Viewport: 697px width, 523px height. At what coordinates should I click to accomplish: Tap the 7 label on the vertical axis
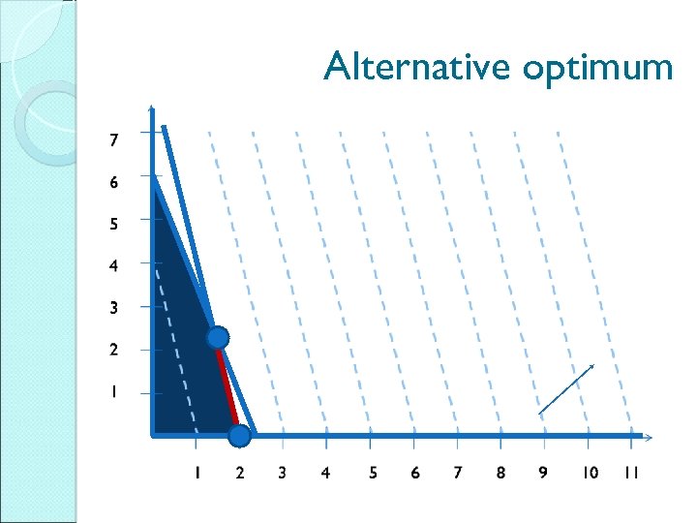pos(114,140)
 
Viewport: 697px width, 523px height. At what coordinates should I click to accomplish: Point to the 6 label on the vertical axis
pos(114,182)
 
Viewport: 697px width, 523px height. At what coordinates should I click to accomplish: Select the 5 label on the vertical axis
pos(114,224)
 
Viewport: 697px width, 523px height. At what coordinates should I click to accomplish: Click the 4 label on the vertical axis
pos(114,265)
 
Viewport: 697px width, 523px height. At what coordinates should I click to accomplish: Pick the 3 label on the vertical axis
pos(114,308)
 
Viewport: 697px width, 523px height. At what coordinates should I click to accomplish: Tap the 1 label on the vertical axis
pos(114,392)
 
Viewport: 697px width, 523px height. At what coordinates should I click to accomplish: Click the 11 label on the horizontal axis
pos(631,473)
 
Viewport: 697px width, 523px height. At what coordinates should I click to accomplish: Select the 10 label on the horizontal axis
pos(590,473)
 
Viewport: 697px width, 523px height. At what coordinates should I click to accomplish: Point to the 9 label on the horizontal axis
pos(543,473)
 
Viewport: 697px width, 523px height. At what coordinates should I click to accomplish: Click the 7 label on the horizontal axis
pos(458,473)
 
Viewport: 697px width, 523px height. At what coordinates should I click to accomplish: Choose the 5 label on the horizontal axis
pos(373,473)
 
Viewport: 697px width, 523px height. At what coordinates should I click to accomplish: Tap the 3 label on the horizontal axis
pos(282,473)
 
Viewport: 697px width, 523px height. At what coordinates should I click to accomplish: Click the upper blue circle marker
pos(218,337)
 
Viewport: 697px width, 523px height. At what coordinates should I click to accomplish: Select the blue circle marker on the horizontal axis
pos(239,436)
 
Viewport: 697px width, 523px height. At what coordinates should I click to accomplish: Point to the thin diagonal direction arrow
pos(566,389)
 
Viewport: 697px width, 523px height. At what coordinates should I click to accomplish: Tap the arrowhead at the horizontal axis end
pos(648,436)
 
